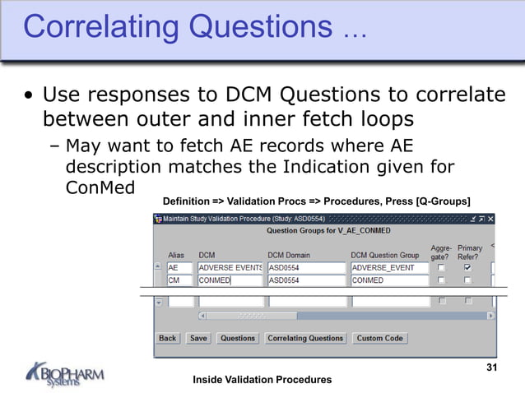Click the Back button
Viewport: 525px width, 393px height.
click(x=168, y=338)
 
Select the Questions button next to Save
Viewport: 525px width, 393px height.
click(x=238, y=338)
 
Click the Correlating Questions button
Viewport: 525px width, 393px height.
click(x=305, y=338)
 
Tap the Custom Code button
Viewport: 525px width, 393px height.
click(x=379, y=338)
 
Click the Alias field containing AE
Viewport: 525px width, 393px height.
click(x=179, y=268)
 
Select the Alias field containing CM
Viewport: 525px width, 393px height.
click(x=179, y=280)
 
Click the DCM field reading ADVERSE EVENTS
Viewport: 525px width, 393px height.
click(x=230, y=268)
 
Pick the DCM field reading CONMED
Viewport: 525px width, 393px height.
click(x=230, y=280)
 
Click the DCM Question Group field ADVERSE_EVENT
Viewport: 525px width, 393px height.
click(x=389, y=268)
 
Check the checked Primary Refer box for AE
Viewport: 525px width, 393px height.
click(x=468, y=268)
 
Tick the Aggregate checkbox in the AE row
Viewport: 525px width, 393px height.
click(x=441, y=268)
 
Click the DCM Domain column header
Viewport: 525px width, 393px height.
click(x=289, y=256)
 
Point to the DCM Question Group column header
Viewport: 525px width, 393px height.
click(x=384, y=256)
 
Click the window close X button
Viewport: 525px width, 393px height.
click(x=490, y=219)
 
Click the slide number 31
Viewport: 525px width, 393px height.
click(x=492, y=367)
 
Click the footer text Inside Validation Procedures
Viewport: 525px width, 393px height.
click(x=262, y=379)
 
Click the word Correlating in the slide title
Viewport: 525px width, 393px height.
click(x=101, y=26)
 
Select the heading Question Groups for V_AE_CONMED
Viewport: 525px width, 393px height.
click(x=323, y=232)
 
